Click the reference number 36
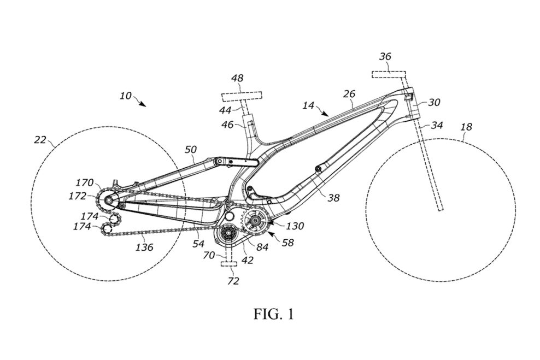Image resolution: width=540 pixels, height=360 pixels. point(385,56)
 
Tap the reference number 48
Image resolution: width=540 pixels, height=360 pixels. point(237,79)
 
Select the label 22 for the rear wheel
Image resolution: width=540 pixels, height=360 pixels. point(40,140)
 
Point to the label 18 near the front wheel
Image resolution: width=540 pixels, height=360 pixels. point(466,127)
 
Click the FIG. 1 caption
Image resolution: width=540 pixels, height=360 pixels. point(274,314)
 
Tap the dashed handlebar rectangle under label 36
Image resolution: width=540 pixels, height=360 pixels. point(389,75)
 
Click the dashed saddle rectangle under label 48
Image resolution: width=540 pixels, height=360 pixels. point(242,96)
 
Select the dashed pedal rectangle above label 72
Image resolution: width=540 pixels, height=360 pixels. point(228,264)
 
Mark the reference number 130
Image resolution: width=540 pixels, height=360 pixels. point(295,226)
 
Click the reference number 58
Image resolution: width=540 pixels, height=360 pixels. point(287,243)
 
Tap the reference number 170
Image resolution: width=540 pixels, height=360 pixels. point(84,182)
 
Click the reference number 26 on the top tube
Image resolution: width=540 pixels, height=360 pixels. point(349,93)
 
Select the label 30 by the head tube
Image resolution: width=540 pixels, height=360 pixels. point(434,102)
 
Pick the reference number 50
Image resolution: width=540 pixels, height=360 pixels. point(190,149)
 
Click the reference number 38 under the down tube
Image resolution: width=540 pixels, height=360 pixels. point(333,198)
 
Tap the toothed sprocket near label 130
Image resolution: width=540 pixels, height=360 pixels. point(255,220)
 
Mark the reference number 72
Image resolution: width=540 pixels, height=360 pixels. point(233,281)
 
